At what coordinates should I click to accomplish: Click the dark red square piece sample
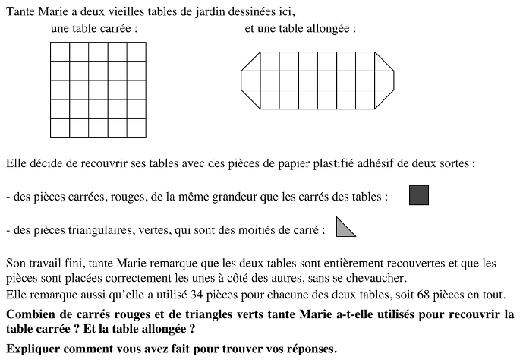419,195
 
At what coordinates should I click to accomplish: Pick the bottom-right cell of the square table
136,128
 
